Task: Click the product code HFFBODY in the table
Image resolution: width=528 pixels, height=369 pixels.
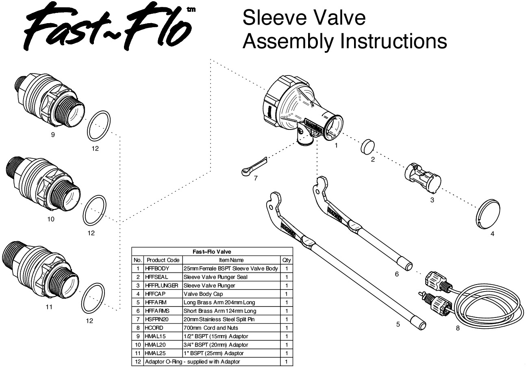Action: coord(157,268)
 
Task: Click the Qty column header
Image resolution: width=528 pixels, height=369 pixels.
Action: coord(286,260)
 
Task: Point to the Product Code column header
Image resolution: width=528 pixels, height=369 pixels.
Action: coord(163,260)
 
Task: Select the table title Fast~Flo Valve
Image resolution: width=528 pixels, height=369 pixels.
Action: coord(212,252)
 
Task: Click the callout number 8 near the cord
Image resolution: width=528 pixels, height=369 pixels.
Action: coord(458,328)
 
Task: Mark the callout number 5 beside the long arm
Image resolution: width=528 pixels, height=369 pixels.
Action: coord(398,324)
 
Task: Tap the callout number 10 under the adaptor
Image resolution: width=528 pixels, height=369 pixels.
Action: coord(51,219)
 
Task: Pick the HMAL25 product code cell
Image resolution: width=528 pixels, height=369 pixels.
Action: coord(156,353)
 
